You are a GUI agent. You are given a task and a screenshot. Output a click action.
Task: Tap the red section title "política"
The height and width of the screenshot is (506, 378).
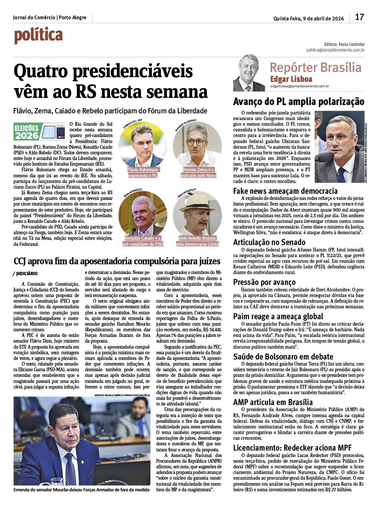[x=38, y=36]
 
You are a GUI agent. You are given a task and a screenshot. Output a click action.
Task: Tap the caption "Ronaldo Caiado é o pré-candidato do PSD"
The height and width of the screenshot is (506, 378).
[x=143, y=241]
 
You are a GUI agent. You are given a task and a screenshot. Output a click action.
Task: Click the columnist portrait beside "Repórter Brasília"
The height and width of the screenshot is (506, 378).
[x=249, y=73]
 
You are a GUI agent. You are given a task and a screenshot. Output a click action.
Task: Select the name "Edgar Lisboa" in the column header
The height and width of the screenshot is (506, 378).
[x=291, y=79]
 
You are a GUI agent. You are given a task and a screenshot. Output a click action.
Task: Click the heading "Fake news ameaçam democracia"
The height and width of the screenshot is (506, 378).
[x=285, y=191]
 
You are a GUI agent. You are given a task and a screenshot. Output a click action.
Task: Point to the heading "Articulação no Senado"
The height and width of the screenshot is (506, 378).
[x=269, y=242]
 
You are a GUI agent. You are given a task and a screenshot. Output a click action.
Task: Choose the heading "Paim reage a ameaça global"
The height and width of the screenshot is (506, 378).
[x=278, y=316]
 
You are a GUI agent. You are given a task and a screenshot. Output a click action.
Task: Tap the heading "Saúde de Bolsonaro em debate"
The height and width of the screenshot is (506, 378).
[x=283, y=357]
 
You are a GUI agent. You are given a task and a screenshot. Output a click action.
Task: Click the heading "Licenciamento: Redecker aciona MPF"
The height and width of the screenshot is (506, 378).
[x=292, y=448]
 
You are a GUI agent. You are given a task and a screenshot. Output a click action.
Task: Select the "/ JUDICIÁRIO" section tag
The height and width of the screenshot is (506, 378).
[x=25, y=273]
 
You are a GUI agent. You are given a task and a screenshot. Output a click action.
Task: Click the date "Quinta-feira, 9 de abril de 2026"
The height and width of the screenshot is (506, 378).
[x=309, y=18]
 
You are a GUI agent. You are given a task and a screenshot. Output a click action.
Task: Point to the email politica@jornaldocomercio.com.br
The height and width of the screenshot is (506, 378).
[x=335, y=50]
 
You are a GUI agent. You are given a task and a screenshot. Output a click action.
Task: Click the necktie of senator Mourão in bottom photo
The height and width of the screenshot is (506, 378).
[x=70, y=468]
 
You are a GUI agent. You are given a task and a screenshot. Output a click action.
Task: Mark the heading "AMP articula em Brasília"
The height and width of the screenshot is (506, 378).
[x=273, y=402]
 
